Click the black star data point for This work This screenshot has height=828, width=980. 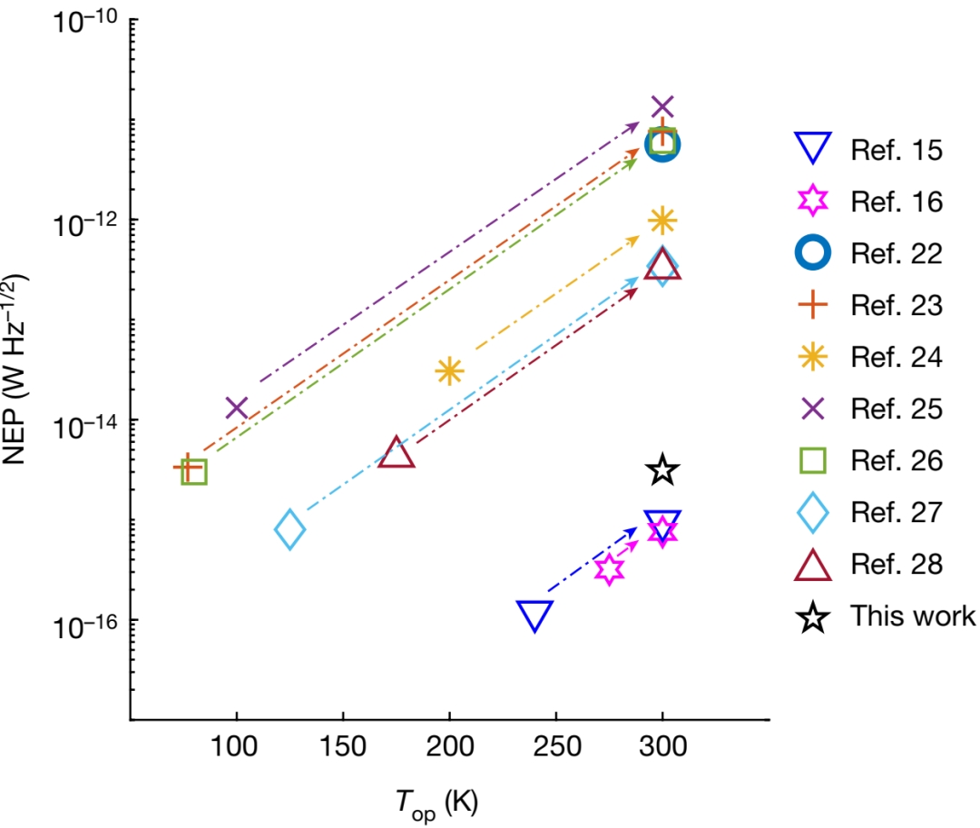pyautogui.click(x=662, y=470)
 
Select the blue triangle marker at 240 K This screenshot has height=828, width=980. pyautogui.click(x=535, y=615)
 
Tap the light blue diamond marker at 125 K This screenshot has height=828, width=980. pyautogui.click(x=289, y=529)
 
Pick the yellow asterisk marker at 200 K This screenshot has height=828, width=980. pyautogui.click(x=449, y=370)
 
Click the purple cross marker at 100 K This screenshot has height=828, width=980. pyautogui.click(x=237, y=408)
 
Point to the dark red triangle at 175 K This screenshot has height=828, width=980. pyautogui.click(x=397, y=452)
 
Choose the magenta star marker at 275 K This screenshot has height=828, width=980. pyautogui.click(x=610, y=569)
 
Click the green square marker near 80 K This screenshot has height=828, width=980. pyautogui.click(x=194, y=471)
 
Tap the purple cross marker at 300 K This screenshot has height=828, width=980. pyautogui.click(x=662, y=107)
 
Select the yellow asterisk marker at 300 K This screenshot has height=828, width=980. pyautogui.click(x=662, y=220)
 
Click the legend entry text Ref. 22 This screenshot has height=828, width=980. pyautogui.click(x=897, y=253)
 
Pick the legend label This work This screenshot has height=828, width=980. pyautogui.click(x=912, y=616)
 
